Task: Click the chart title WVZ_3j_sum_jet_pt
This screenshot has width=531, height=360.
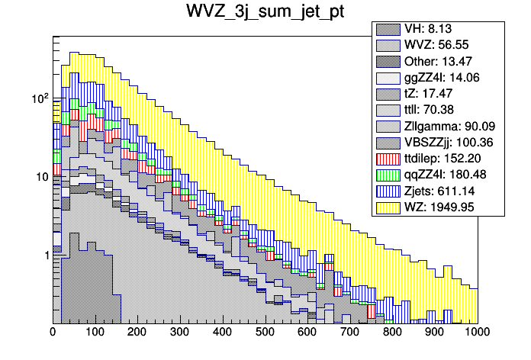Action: tap(265, 12)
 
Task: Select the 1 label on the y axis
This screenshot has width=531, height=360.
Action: tap(44, 255)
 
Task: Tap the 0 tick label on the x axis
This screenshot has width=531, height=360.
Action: tap(53, 333)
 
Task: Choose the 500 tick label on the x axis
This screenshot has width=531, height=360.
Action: tap(265, 333)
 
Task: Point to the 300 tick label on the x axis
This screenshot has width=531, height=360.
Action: tap(180, 333)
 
